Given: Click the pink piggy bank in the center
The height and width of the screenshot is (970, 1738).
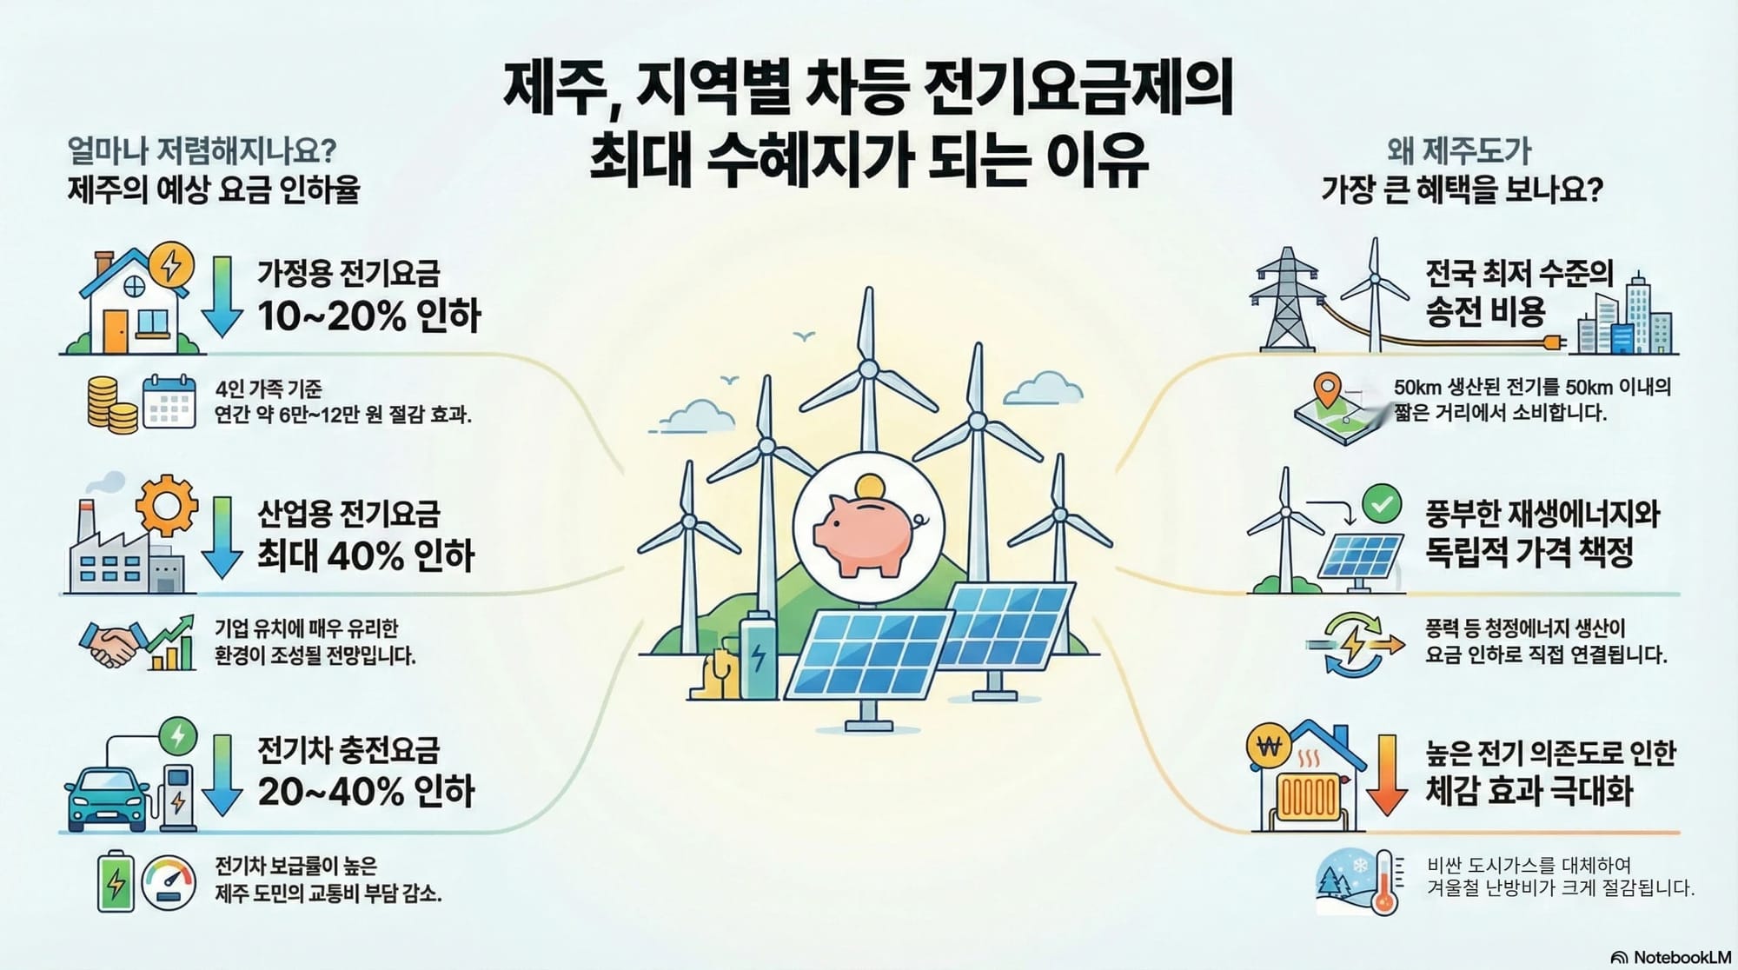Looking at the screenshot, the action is (867, 535).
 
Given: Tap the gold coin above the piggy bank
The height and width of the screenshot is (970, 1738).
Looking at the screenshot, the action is (869, 488).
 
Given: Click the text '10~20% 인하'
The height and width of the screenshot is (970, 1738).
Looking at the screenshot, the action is (368, 315).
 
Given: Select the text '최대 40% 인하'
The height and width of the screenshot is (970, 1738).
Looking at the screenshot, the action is (366, 555).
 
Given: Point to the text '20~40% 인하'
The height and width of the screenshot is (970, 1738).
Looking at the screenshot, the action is (366, 791).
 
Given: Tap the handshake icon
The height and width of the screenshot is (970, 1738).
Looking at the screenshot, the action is (111, 644).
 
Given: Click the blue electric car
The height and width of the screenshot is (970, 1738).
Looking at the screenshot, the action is (108, 798).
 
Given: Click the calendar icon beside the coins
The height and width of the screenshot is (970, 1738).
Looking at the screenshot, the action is (169, 401).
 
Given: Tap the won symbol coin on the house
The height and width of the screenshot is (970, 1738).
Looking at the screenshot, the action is (1270, 747).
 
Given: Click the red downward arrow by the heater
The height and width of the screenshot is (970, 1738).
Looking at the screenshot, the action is (1387, 774).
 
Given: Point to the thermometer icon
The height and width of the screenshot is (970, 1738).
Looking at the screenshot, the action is (1385, 881).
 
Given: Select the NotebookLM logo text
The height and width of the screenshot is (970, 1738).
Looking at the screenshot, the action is (1682, 957).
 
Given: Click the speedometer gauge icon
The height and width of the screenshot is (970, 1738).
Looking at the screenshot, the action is (169, 883).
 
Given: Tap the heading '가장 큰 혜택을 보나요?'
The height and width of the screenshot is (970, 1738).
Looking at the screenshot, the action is (1462, 189).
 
